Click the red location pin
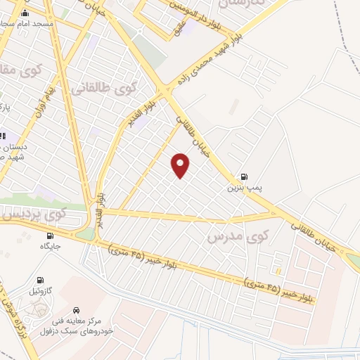181,165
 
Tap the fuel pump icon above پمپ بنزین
243,177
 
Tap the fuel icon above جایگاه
50,236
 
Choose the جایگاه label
50,247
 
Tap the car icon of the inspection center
75,310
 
